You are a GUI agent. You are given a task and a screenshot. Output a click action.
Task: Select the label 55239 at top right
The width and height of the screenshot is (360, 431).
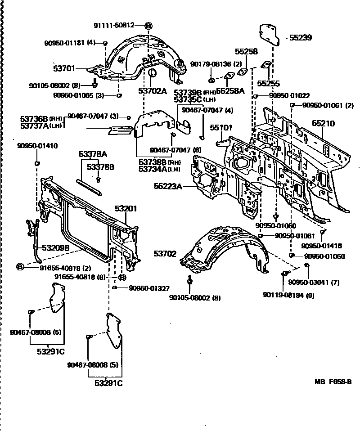click(x=301, y=38)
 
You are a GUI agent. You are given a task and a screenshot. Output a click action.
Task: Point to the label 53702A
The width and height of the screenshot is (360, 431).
click(x=152, y=91)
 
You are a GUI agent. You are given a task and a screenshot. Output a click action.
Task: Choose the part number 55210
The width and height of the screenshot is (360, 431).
click(x=323, y=123)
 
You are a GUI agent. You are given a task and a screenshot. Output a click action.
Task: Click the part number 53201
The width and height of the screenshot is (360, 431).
click(x=126, y=209)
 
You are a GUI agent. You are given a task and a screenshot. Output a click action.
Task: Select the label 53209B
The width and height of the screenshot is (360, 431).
click(x=56, y=248)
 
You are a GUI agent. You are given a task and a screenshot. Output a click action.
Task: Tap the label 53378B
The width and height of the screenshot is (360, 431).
click(x=100, y=167)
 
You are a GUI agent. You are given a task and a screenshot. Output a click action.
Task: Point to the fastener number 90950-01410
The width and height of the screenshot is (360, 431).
click(x=37, y=146)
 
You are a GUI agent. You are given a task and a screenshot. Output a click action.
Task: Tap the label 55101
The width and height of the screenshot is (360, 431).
click(x=221, y=128)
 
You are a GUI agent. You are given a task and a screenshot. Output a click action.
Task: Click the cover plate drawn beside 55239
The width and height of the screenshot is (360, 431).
click(x=269, y=34)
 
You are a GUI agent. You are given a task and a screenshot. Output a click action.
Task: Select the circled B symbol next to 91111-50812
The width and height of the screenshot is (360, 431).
click(x=148, y=26)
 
